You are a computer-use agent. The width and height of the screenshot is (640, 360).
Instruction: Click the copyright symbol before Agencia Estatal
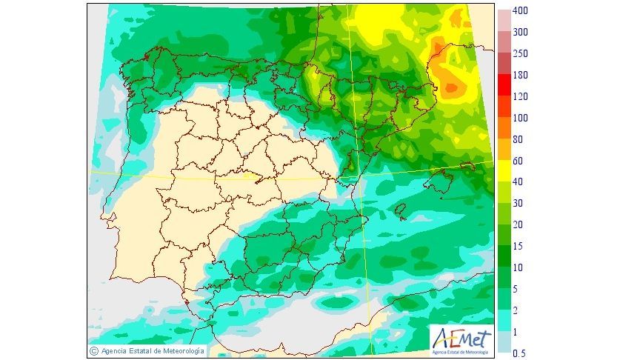(x=94, y=350)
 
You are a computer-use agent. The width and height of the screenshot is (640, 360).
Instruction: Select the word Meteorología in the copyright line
(x=178, y=350)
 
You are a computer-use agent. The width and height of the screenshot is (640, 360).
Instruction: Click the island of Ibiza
(x=401, y=213)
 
